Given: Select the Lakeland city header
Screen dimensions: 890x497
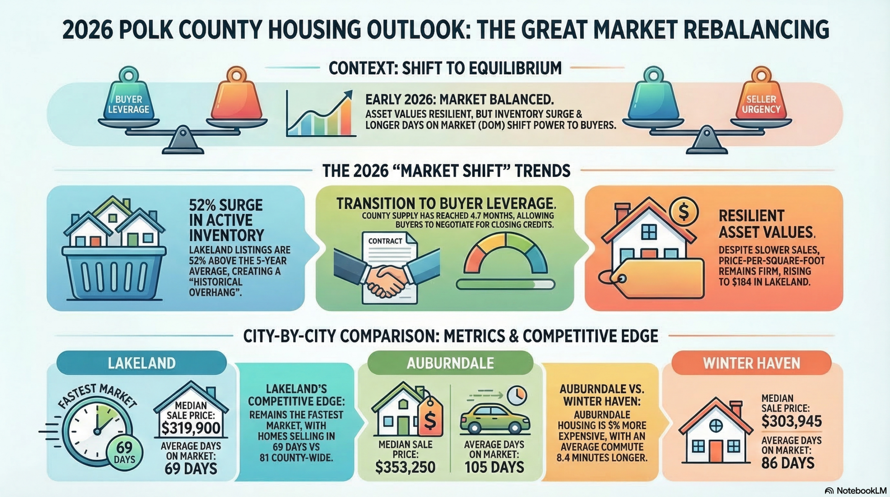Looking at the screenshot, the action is (x=141, y=363).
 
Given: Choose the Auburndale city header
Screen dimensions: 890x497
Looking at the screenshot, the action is (x=450, y=363).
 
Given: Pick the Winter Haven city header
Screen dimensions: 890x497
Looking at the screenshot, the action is (x=752, y=363).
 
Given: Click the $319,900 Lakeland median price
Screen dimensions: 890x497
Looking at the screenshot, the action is (x=191, y=427).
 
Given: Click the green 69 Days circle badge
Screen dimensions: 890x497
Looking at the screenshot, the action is (x=124, y=452).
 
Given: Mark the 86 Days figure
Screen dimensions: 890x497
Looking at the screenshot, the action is (x=788, y=463).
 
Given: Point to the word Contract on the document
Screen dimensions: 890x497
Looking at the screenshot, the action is (x=385, y=241).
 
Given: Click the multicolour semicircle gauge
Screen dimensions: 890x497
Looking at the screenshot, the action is (x=505, y=243).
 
